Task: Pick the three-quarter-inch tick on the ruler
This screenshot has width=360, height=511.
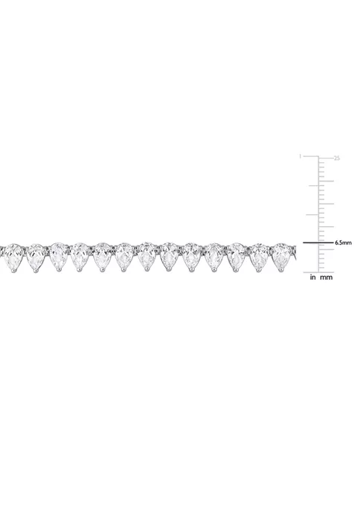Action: click(x=312, y=185)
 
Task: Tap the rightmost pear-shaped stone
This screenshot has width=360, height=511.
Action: click(x=280, y=254)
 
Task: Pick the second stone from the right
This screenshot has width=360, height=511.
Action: click(x=258, y=255)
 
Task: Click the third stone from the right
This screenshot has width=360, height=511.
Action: click(x=237, y=255)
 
